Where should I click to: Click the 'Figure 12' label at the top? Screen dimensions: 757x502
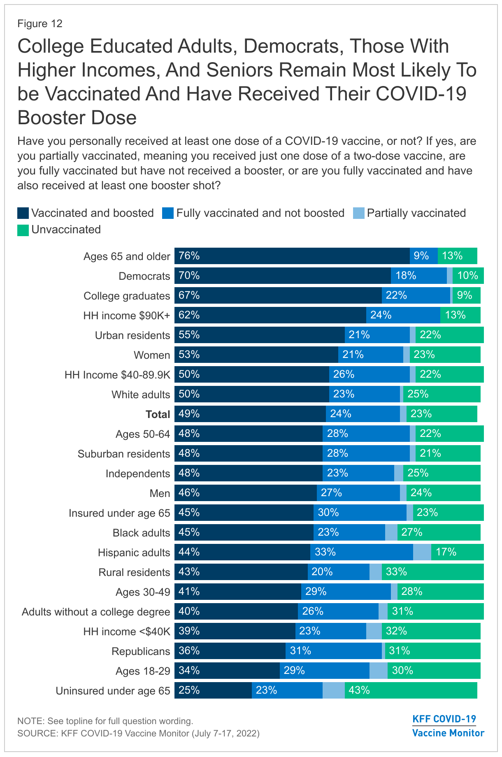(x=40, y=23)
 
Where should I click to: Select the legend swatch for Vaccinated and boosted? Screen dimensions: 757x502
(x=23, y=213)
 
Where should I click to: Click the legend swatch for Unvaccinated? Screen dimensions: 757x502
(x=23, y=230)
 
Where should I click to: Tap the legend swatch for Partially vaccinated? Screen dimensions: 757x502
(x=359, y=213)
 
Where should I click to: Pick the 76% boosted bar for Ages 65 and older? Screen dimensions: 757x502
(x=292, y=256)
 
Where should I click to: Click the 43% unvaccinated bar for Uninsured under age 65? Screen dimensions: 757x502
(x=411, y=690)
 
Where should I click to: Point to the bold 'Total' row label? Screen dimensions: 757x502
(x=158, y=414)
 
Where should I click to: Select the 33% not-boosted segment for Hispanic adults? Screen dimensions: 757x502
(x=361, y=552)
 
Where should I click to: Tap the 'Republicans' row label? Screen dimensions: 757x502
(x=141, y=651)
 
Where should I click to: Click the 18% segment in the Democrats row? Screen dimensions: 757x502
(x=418, y=276)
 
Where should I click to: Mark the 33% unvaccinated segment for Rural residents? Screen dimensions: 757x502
(x=432, y=572)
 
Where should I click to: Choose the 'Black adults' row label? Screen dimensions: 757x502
(x=141, y=533)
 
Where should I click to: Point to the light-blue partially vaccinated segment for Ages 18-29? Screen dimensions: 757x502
(x=378, y=671)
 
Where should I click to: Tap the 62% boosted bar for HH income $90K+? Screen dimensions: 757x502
(x=270, y=315)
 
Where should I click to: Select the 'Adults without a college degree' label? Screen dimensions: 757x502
(x=96, y=612)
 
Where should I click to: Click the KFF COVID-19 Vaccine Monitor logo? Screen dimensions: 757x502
(x=448, y=726)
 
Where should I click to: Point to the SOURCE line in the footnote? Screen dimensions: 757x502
(x=138, y=733)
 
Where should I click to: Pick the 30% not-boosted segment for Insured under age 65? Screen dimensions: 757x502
(x=360, y=513)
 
